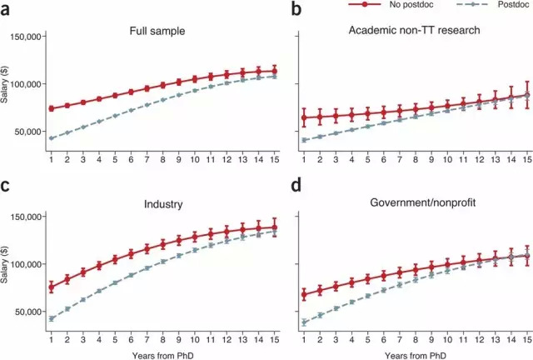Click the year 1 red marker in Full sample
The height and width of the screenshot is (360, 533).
pos(52,108)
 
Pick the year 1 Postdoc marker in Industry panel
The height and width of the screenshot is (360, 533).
pos(52,318)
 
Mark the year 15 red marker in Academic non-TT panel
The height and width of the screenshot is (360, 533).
pos(526,95)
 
